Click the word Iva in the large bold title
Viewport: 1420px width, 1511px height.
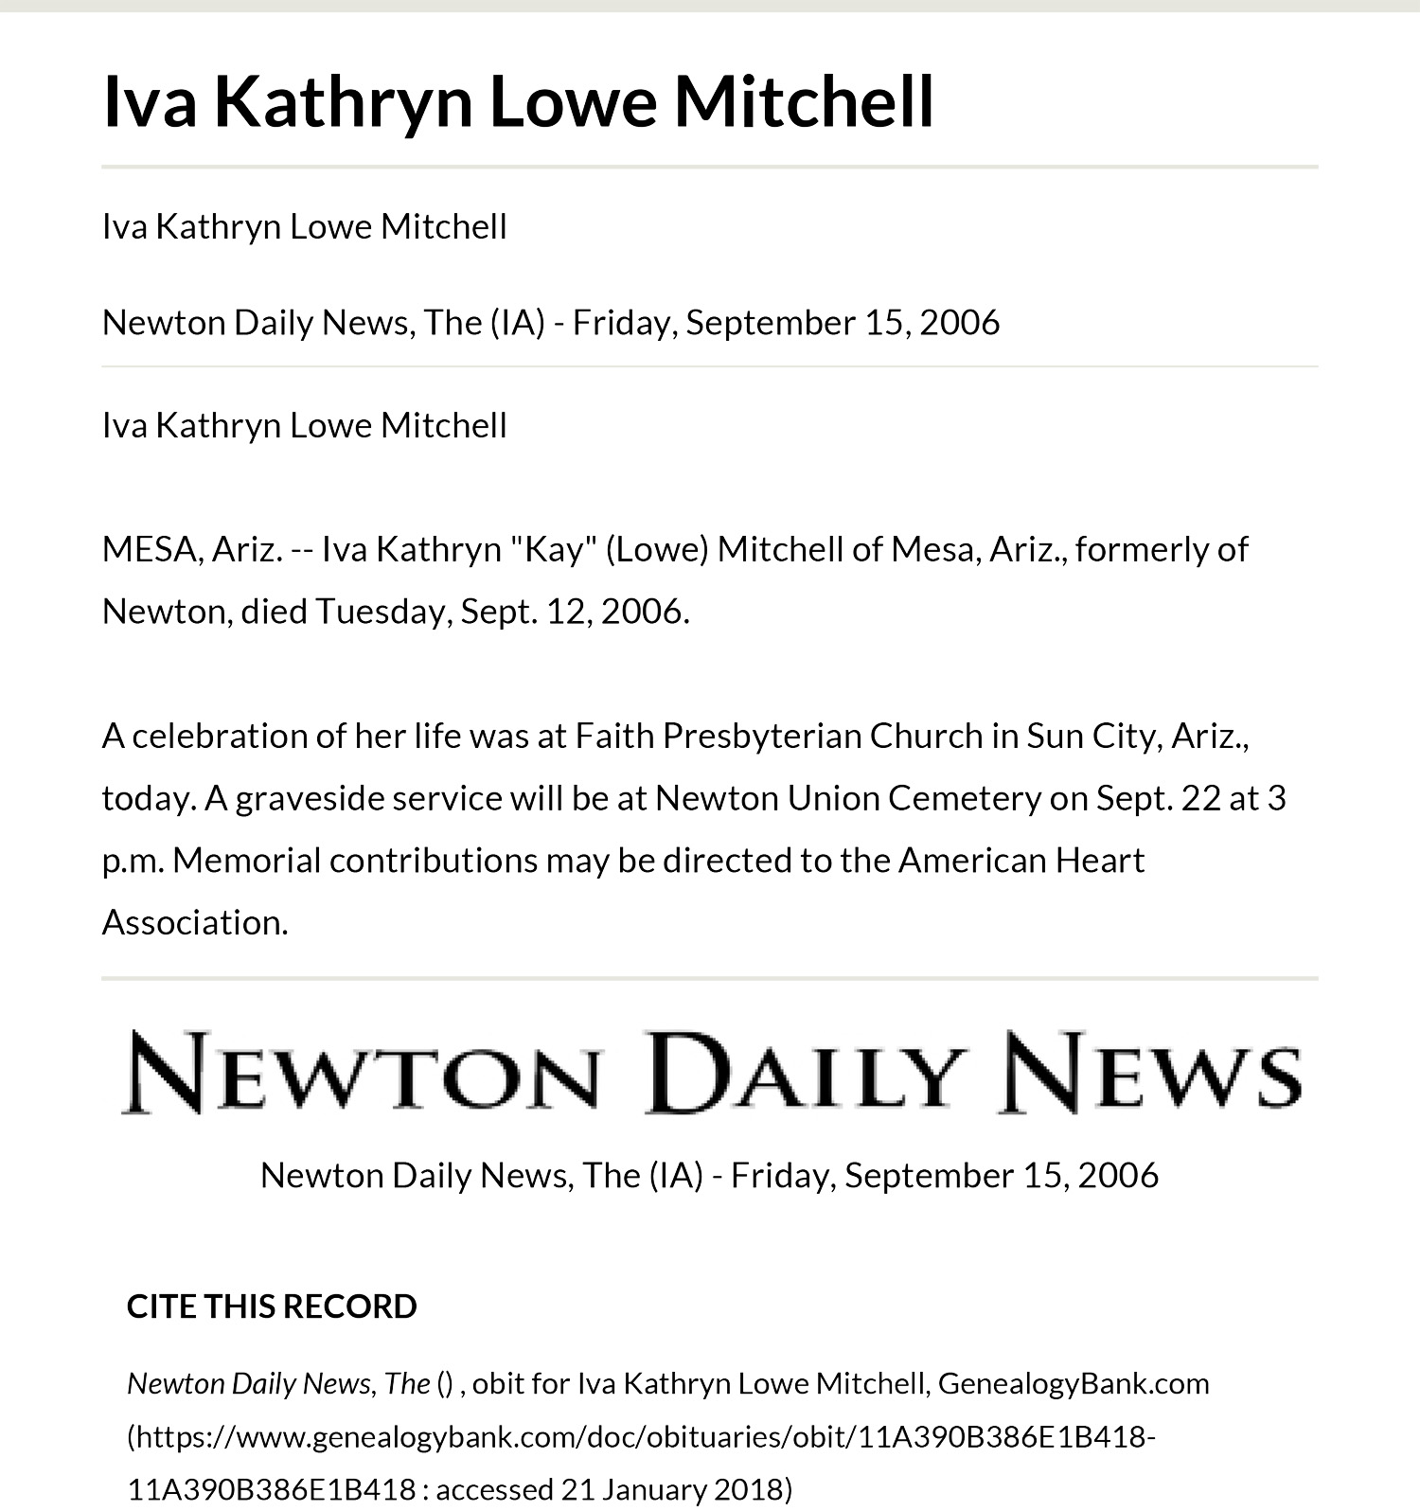coord(150,101)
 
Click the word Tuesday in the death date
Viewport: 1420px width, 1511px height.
coord(383,612)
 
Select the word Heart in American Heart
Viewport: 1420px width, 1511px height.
coord(1099,861)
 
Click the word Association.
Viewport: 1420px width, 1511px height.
coord(194,922)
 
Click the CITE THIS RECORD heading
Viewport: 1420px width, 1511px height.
coord(272,1307)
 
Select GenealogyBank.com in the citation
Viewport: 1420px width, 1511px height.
coord(1074,1383)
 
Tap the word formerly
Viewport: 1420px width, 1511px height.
coord(1162,549)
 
